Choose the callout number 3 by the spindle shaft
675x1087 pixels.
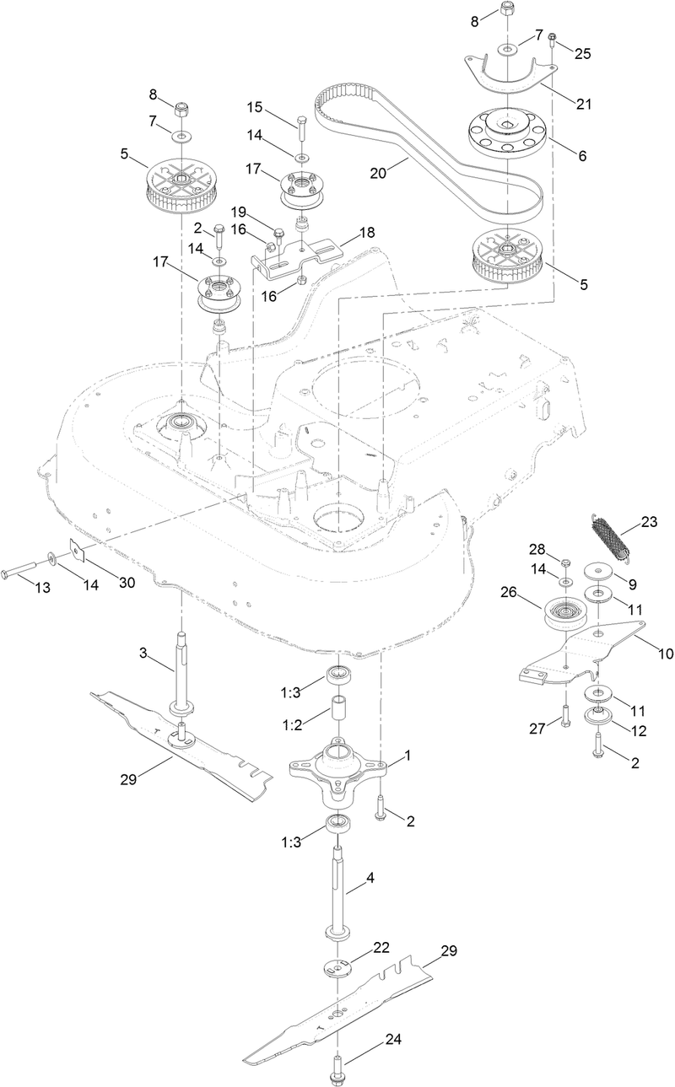(x=144, y=653)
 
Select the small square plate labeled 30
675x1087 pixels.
(x=77, y=551)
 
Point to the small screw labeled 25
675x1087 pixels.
(x=552, y=39)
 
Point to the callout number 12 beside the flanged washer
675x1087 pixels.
(x=640, y=726)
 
